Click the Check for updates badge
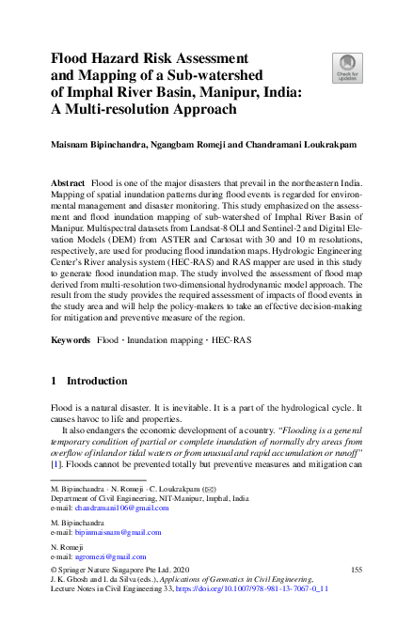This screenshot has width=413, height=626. [345, 67]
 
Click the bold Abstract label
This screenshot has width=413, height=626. [67, 179]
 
